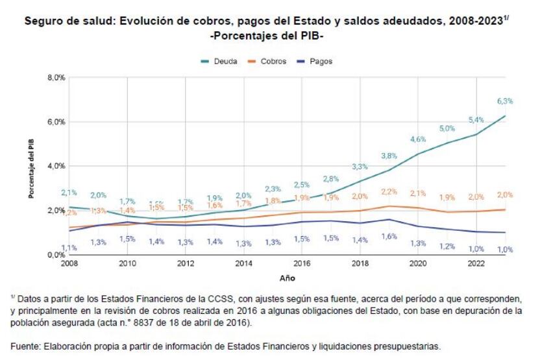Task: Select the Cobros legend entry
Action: click(267, 61)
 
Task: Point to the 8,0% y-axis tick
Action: click(56, 78)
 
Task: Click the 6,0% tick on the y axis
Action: click(56, 122)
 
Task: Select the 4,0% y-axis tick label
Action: click(56, 166)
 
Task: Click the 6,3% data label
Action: click(505, 101)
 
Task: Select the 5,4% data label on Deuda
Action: click(476, 121)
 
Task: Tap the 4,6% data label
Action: click(417, 139)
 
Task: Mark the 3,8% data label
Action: click(388, 156)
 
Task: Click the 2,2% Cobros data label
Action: click(388, 192)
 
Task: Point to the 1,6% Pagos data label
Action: click(388, 237)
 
